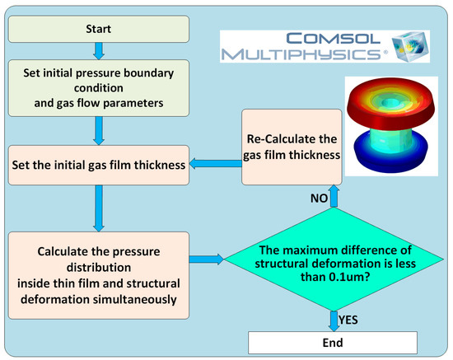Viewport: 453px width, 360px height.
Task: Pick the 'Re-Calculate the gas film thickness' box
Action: click(292, 146)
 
